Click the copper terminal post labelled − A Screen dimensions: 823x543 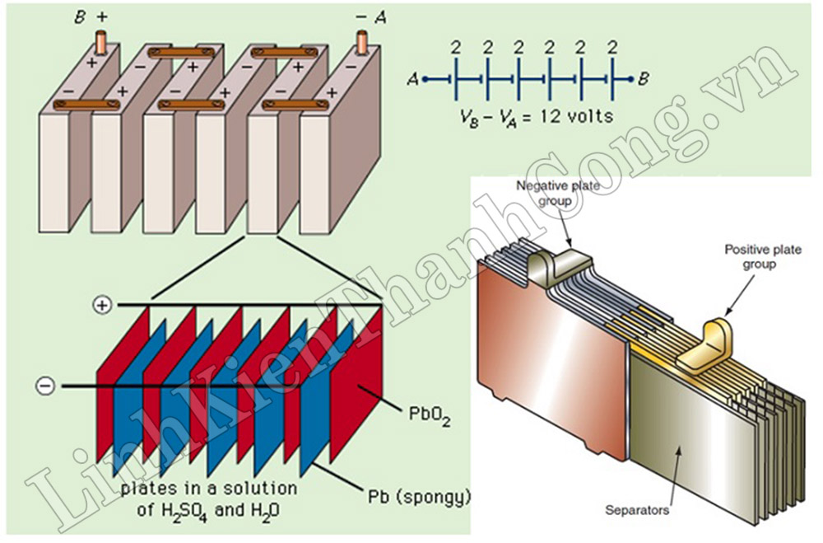click(x=362, y=43)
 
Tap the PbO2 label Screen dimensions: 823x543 click(x=430, y=415)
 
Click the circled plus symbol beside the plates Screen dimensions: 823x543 click(x=102, y=305)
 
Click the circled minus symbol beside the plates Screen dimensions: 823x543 click(x=45, y=386)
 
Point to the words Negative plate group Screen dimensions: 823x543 click(x=558, y=193)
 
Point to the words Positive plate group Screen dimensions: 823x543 click(x=763, y=256)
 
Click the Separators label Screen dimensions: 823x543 click(x=637, y=510)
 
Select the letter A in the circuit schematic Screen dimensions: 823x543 click(x=413, y=79)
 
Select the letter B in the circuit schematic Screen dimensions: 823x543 click(x=644, y=79)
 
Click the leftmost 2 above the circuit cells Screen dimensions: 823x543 click(x=456, y=49)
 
